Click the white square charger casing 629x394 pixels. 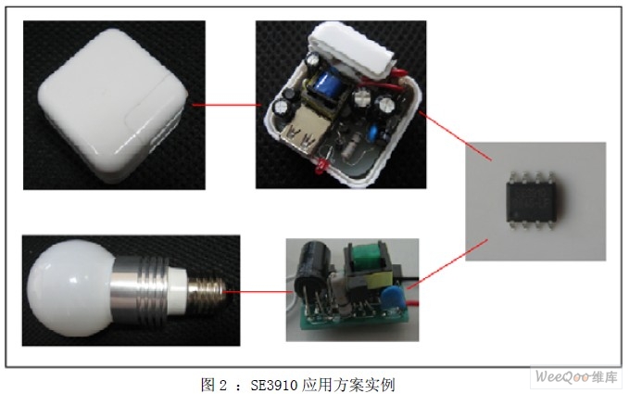click(113, 105)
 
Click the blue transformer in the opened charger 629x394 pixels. click(329, 84)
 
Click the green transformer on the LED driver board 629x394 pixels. click(364, 257)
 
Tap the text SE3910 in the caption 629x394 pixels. click(274, 385)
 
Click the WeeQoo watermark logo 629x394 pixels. click(576, 377)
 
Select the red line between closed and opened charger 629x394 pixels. click(227, 105)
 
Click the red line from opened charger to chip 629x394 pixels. click(455, 135)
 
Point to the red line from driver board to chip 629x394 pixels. click(447, 264)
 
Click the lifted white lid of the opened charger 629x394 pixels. click(353, 50)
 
